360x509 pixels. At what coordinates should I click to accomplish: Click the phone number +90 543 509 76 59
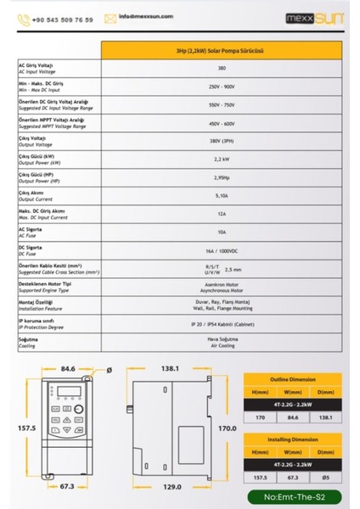[x=60, y=18]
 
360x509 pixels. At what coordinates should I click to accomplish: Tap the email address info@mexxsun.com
[x=138, y=17]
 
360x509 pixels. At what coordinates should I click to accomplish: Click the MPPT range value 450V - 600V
[x=222, y=123]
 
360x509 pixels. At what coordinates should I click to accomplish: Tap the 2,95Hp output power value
[x=222, y=178]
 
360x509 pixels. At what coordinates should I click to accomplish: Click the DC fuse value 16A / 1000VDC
[x=222, y=252]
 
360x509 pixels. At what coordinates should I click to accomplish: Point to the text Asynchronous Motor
[x=222, y=290]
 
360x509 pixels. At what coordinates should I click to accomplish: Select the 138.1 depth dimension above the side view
[x=173, y=370]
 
